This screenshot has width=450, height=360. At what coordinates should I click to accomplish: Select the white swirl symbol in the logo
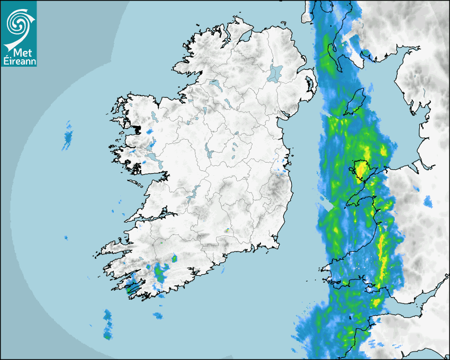click(x=18, y=24)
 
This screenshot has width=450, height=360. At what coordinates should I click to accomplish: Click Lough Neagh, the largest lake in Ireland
click(x=275, y=73)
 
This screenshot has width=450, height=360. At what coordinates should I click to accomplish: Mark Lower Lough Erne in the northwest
click(x=214, y=84)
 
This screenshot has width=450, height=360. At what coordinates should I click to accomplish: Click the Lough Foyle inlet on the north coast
click(x=245, y=36)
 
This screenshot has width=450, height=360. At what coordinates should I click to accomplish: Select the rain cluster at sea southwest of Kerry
click(x=107, y=324)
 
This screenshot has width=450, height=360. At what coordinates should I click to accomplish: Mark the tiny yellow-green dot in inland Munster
click(x=227, y=230)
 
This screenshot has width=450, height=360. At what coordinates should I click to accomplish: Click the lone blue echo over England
click(x=427, y=201)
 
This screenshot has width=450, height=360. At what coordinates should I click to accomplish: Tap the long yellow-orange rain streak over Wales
click(x=381, y=254)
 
